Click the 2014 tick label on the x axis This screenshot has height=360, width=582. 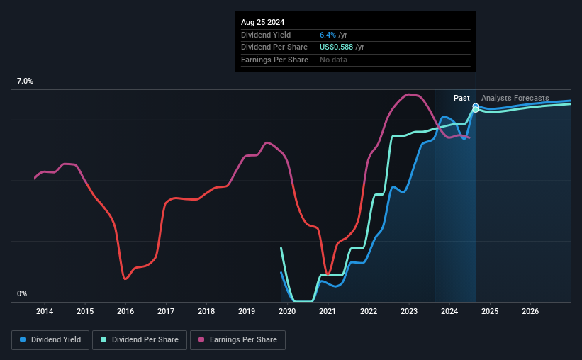pos(45,311)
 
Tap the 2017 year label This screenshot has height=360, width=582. pos(166,311)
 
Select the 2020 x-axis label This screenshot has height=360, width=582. pos(287,311)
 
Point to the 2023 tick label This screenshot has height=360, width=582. pos(408,311)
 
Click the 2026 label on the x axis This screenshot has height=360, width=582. pos(530,311)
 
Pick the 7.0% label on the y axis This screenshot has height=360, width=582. pos(25,81)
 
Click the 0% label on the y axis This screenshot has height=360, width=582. pos(22,293)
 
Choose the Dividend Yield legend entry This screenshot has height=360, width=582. pos(50,340)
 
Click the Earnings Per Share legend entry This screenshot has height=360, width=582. pos(237,340)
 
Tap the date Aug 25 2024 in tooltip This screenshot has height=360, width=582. pos(262,22)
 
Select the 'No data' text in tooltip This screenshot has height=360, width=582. pos(333,60)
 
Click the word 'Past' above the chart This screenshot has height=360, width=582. pos(461,98)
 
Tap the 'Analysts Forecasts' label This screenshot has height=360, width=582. pos(515,98)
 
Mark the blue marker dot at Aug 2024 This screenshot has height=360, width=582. pos(475,106)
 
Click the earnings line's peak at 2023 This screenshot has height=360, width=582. pos(408,94)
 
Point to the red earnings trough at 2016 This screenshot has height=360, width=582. pos(125,279)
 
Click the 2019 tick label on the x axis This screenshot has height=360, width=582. pos(247,311)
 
